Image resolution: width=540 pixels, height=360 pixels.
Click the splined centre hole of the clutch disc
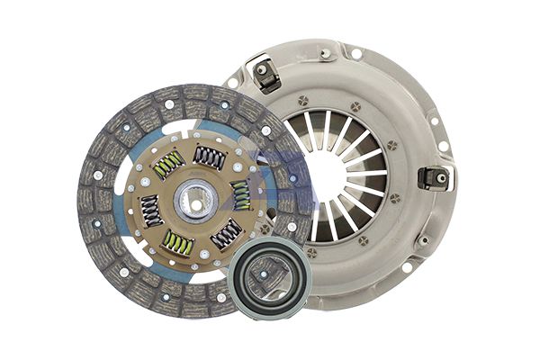click(x=193, y=201)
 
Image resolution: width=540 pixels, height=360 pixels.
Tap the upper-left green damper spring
click(x=167, y=165)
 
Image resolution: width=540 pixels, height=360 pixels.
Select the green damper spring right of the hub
click(x=240, y=193)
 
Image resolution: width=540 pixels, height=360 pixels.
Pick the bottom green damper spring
click(x=178, y=241)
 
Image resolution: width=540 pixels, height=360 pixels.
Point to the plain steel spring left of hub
click(x=150, y=210)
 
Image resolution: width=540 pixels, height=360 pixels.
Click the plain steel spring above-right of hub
click(x=210, y=158)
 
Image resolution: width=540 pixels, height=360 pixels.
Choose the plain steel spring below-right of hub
click(x=225, y=233)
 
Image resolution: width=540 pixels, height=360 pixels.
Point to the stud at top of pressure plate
click(x=326, y=53)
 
